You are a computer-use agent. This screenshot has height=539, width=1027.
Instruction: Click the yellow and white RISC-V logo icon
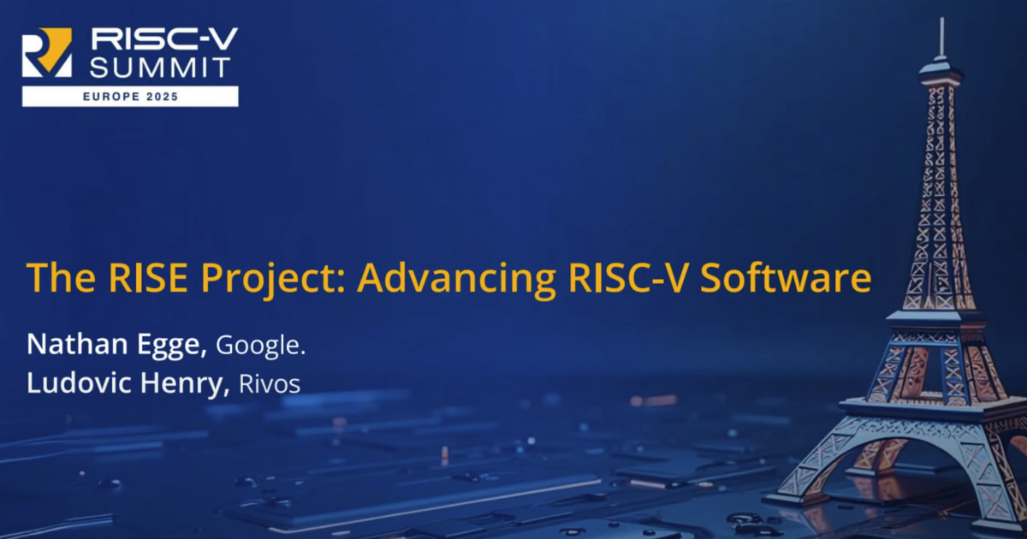coord(47,52)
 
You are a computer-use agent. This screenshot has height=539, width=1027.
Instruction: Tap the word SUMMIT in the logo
coord(160,68)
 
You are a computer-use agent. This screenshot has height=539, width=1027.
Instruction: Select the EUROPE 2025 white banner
coord(130,96)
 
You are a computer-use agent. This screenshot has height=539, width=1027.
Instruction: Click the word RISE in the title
coord(148,278)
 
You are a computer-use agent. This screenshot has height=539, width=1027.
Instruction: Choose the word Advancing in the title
coord(457,280)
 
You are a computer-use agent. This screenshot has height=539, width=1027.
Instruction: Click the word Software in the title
coord(786,277)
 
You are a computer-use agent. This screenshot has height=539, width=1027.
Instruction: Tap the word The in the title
coord(61,277)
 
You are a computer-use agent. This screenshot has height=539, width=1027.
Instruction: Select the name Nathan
coord(77,344)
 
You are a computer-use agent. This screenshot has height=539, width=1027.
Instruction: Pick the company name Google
coord(260,346)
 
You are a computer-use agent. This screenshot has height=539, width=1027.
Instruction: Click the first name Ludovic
coord(79,382)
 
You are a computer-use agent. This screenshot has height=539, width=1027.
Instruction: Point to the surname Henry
coord(184,384)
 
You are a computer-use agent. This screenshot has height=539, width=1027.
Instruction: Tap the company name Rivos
coord(270,384)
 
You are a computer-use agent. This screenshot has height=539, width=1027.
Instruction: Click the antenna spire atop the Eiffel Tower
coord(941,38)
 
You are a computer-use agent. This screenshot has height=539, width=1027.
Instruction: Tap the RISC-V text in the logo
coord(164,38)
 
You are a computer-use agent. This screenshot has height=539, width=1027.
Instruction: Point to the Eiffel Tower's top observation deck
coord(940,74)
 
